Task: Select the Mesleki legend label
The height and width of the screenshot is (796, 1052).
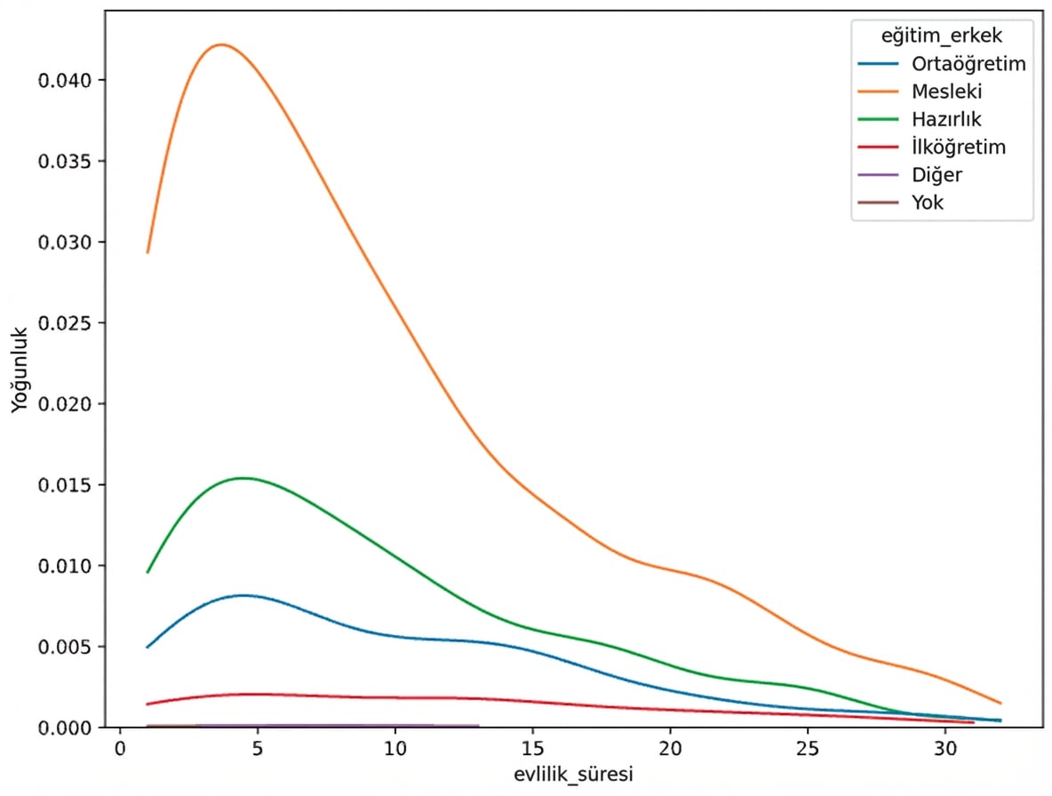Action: [947, 92]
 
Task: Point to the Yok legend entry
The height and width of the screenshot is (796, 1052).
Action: [928, 203]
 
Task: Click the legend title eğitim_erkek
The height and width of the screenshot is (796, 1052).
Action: [943, 36]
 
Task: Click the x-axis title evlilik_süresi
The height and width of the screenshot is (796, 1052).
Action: [574, 774]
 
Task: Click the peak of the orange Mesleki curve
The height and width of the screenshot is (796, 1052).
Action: [221, 44]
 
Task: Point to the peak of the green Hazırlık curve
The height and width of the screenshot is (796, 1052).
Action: [243, 478]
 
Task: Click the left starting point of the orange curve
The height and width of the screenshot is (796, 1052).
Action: [148, 252]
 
